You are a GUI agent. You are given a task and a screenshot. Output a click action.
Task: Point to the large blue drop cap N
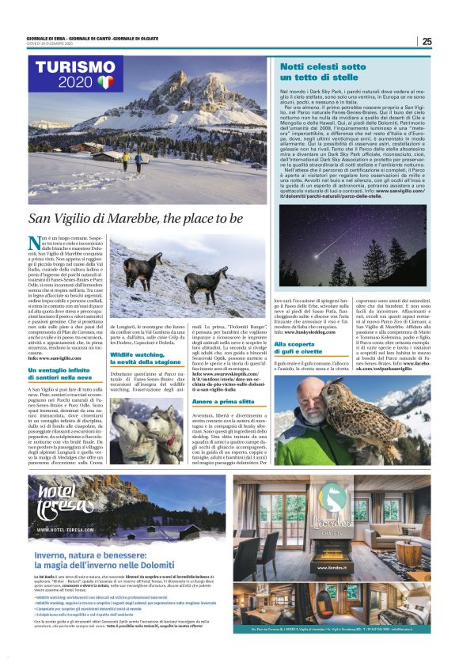[x=34, y=243]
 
